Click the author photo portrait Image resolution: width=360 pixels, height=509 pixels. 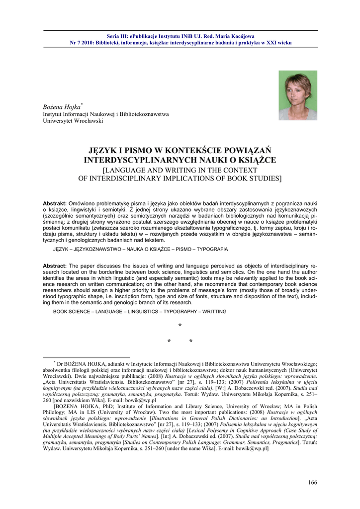[297, 95]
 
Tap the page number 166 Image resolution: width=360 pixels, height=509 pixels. [312, 482]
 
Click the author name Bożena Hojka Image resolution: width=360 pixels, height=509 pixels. [62, 107]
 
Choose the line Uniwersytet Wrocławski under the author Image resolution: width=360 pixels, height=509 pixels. [73, 121]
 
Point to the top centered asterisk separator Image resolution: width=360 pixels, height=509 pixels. [180, 326]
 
